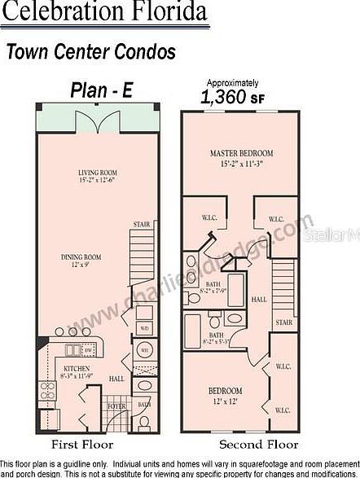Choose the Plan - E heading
[102, 90]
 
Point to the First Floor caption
[82, 445]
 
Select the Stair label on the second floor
[284, 322]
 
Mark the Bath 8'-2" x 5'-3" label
[217, 338]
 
